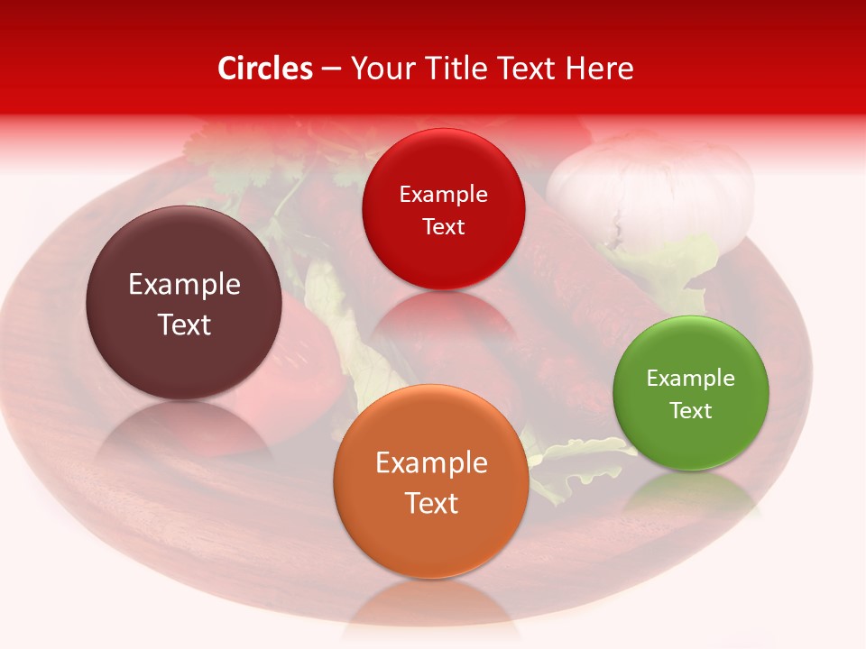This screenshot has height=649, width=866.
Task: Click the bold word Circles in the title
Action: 265,69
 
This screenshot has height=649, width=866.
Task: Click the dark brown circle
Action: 184,303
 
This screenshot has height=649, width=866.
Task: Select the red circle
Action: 443,209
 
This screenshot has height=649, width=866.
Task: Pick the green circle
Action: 691,393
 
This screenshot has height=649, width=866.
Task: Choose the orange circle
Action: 431,481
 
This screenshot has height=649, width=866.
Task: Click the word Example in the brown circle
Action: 184,285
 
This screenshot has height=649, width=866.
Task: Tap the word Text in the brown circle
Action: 184,324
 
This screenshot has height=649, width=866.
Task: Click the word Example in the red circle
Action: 443,194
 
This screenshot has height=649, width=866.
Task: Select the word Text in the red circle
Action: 443,226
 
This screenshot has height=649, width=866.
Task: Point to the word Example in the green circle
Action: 691,378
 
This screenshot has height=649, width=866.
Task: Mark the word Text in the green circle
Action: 691,410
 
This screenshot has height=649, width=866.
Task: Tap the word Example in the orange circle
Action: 431,462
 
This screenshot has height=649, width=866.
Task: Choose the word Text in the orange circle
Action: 431,503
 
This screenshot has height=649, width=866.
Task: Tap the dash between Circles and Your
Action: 330,69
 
